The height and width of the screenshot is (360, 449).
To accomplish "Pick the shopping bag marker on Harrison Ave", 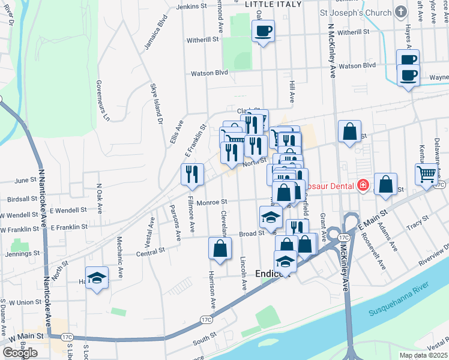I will pos(220,248).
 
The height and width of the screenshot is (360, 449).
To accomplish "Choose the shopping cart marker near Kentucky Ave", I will pos(426,174).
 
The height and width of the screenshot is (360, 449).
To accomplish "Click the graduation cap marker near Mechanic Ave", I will pos(97,278).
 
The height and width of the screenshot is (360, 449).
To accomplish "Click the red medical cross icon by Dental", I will pos(363,185).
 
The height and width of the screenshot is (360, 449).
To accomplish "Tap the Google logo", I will pos(20,352).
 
